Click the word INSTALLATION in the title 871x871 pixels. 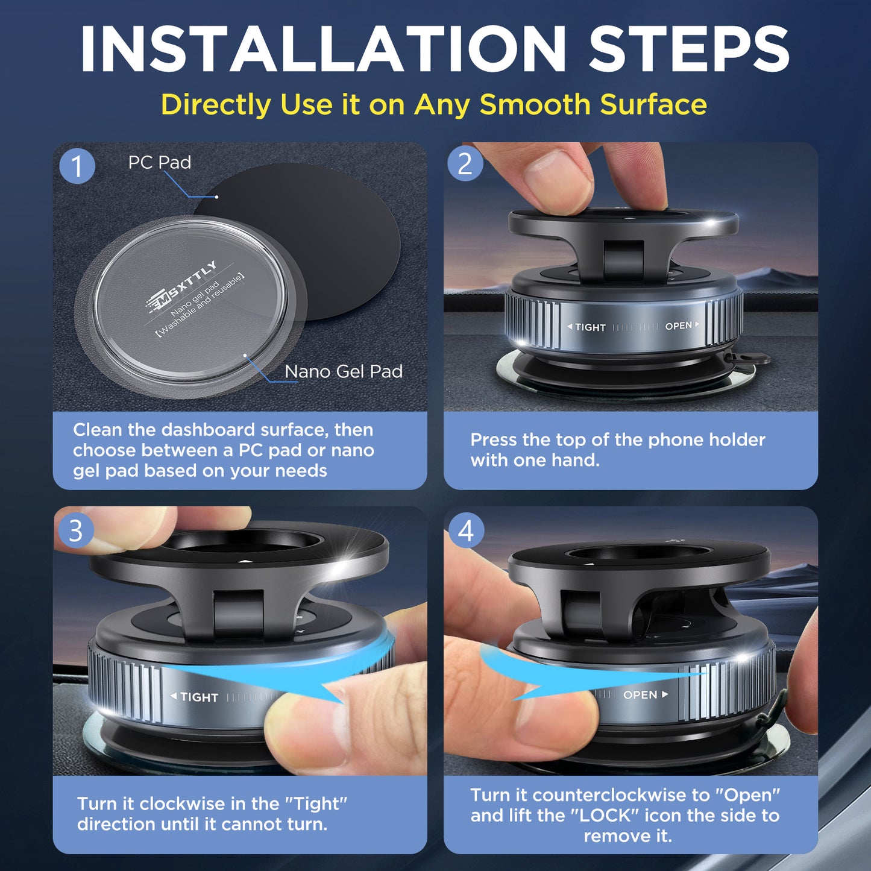[x=322, y=49]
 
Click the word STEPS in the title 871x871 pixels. [x=688, y=49]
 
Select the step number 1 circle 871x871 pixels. [x=77, y=166]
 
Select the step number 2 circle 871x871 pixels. [x=465, y=164]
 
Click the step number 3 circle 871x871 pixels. [x=75, y=530]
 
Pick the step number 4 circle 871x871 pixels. [x=466, y=531]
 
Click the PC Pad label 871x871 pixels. [x=159, y=162]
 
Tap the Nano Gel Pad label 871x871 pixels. [x=343, y=371]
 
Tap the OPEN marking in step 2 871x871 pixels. [x=679, y=326]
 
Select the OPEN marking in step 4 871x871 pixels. [x=640, y=695]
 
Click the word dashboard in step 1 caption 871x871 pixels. [x=208, y=430]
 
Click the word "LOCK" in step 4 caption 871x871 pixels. [x=605, y=816]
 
